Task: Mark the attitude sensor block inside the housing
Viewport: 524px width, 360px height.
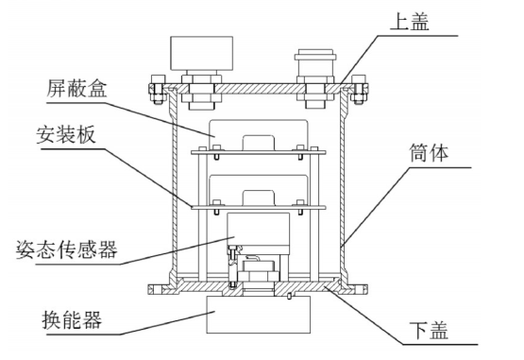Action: coord(261,231)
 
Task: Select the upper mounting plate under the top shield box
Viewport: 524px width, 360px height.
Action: coord(261,152)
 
